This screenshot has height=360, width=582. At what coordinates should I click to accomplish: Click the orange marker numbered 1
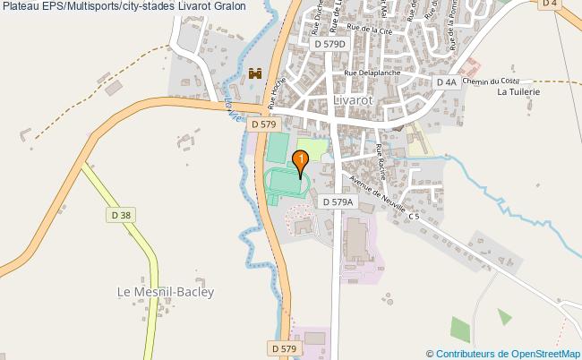302,160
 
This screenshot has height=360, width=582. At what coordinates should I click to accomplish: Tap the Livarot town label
354,100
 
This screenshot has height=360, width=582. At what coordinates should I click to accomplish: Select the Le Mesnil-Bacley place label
166,291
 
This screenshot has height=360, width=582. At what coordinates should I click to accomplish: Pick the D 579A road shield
338,202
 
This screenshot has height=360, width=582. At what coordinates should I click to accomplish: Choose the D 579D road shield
330,42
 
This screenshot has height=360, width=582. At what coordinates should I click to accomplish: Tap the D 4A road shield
447,81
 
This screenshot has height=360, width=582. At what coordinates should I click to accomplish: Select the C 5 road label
413,216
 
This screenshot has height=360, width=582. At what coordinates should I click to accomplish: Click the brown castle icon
254,74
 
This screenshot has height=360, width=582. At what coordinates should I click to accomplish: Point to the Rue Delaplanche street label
370,73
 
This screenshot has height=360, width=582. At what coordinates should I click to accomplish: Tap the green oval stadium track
287,182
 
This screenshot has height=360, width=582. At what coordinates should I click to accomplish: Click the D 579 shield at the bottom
283,347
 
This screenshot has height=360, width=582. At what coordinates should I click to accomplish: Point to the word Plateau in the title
22,8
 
